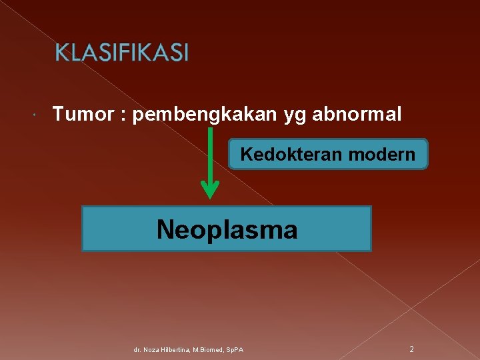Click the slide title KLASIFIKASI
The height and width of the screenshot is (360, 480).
[x=121, y=52]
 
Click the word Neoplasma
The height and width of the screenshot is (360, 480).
[x=227, y=229]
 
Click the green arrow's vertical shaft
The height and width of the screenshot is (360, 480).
[x=210, y=153]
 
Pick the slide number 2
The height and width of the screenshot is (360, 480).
[x=411, y=349]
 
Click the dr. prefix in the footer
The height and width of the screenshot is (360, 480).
[x=137, y=349]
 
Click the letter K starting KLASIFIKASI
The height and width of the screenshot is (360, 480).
[x=60, y=52]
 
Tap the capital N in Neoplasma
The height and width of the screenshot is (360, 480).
[x=165, y=229]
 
